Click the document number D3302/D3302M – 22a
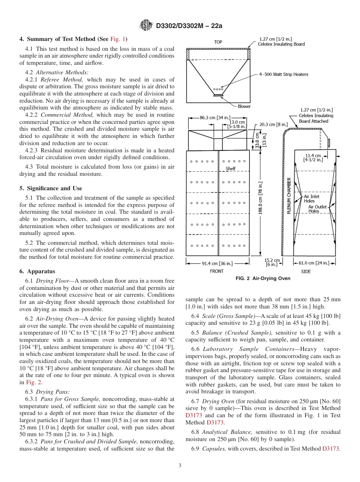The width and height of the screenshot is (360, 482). [189, 26]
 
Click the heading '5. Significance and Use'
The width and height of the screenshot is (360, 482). [51, 188]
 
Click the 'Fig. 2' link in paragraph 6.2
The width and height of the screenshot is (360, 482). [31, 382]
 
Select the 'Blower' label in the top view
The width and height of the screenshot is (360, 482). [244, 106]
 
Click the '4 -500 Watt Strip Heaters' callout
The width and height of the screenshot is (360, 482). [283, 74]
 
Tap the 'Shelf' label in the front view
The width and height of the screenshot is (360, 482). [230, 169]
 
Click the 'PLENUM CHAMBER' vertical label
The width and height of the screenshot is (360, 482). [289, 196]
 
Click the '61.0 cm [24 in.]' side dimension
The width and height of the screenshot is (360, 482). [315, 263]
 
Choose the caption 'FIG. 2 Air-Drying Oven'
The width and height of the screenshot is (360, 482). [263, 279]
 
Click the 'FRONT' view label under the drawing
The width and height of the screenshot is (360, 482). [216, 271]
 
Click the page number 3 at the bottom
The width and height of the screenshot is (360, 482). [180, 465]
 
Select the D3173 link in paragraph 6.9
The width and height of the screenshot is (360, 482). [331, 449]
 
